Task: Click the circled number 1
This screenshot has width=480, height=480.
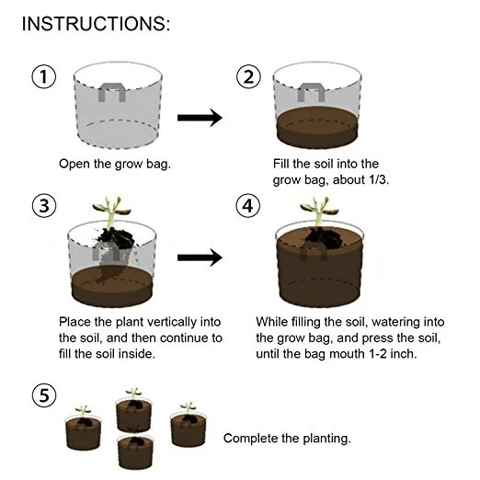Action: tap(44, 76)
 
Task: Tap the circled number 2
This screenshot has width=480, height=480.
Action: tap(248, 76)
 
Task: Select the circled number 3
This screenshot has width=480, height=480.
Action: tap(44, 205)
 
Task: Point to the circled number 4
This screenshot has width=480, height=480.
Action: tap(248, 205)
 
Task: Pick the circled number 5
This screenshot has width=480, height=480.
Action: tap(44, 395)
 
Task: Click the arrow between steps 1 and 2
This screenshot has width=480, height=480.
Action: tap(200, 118)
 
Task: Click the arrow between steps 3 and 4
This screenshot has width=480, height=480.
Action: tap(200, 257)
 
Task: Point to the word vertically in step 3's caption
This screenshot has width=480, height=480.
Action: tap(172, 323)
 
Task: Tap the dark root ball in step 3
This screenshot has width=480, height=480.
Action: tap(117, 237)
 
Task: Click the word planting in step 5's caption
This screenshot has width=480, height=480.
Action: tap(326, 439)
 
